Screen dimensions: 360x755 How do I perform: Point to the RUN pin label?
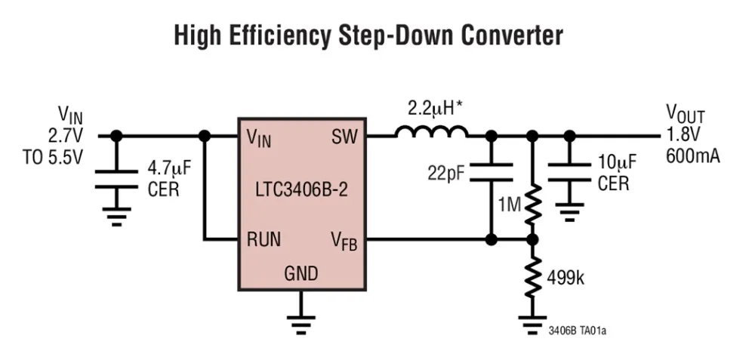tap(263, 240)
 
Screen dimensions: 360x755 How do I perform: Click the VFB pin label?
tap(344, 240)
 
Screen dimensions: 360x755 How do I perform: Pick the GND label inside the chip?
tap(301, 272)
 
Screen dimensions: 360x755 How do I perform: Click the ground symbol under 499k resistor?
tap(532, 324)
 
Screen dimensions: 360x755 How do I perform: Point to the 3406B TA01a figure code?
tap(578, 331)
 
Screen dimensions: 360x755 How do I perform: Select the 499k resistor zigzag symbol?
tap(532, 277)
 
